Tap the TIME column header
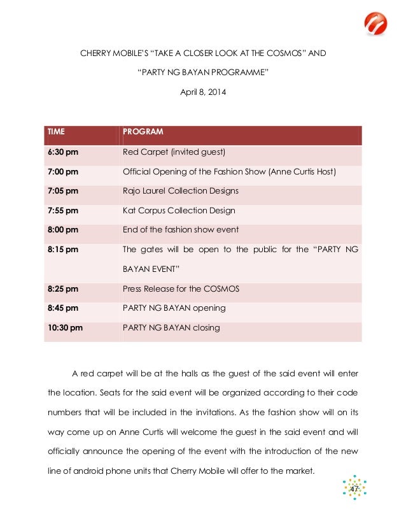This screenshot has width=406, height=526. (56, 132)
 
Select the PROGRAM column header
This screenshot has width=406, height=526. (143, 132)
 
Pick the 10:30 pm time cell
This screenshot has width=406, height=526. (64, 328)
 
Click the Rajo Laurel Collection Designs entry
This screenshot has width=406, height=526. (181, 191)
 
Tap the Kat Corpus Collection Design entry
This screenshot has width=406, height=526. (179, 210)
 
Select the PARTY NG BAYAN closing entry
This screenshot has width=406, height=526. (171, 328)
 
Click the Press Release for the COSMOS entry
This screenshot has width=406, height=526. (181, 288)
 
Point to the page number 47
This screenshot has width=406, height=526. (354, 487)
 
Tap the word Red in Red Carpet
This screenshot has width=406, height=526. (130, 152)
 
